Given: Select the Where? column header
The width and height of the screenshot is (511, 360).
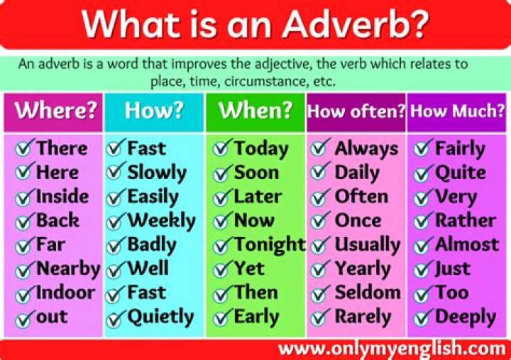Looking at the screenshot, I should click(56, 111).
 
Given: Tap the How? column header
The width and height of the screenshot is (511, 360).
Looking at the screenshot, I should click(153, 111).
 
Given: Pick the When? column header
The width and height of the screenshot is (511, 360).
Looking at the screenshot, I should click(255, 111).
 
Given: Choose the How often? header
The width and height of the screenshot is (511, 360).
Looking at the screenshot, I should click(356, 111).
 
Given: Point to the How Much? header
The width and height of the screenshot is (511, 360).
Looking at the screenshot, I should click(457, 111).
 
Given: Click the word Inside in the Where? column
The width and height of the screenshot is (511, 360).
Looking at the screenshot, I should click(62, 197).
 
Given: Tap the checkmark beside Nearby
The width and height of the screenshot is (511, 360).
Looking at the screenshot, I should click(26, 270).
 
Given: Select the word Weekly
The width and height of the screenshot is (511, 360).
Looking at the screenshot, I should click(161, 221).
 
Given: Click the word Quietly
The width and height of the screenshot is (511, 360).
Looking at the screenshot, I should click(160, 317).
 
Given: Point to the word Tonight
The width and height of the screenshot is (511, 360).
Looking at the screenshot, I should click(270, 244).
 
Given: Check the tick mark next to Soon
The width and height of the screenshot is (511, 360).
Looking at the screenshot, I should click(223, 173).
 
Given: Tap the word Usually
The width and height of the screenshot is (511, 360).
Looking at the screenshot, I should click(367, 244).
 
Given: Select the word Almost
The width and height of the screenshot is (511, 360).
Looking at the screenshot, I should click(466, 244).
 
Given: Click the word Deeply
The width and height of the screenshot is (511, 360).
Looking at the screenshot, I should click(465, 317).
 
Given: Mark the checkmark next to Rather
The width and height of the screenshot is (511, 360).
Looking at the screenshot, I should click(424, 222).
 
